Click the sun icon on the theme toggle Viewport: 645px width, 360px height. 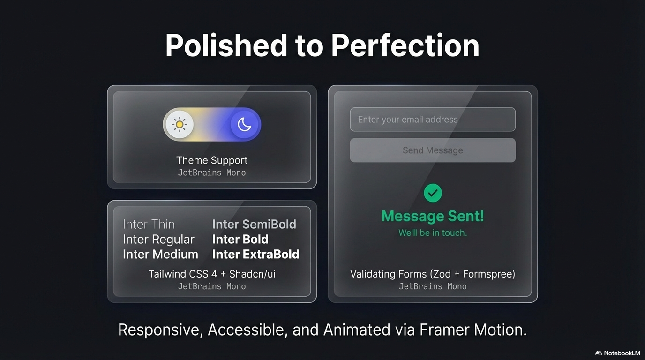[x=179, y=125]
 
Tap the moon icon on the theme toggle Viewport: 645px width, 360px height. [x=244, y=125]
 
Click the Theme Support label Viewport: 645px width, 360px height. [x=212, y=160]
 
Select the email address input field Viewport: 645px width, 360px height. [x=433, y=120]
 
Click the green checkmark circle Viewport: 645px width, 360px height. [x=433, y=193]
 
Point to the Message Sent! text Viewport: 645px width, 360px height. [x=433, y=216]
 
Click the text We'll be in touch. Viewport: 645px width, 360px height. [x=433, y=233]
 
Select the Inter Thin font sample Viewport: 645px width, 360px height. [x=149, y=224]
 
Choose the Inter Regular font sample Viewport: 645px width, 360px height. [x=158, y=239]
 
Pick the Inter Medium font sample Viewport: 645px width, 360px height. [x=160, y=254]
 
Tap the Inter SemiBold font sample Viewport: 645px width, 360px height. [x=254, y=224]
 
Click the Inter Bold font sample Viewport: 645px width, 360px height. [x=240, y=239]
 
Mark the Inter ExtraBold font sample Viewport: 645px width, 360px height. [x=256, y=254]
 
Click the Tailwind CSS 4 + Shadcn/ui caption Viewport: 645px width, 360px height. [x=212, y=274]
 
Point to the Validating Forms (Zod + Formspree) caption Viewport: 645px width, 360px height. [x=433, y=274]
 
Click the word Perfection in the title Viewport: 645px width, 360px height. [x=405, y=45]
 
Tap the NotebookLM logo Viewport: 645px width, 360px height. [x=617, y=353]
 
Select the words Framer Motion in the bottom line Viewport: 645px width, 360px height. [x=472, y=330]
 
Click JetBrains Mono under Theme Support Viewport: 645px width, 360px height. [x=212, y=172]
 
